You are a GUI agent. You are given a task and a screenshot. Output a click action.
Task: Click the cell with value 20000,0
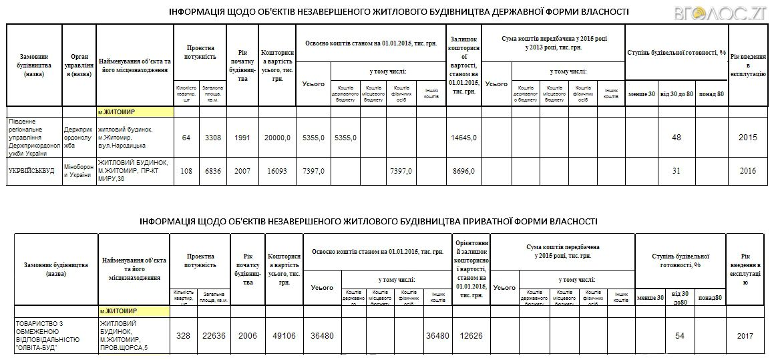pyautogui.click(x=278, y=138)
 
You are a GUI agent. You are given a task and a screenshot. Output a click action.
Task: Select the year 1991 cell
pyautogui.click(x=242, y=138)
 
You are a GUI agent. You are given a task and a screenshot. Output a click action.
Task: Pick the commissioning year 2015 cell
pyautogui.click(x=747, y=138)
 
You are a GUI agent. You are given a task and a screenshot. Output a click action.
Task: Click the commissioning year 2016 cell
pyautogui.click(x=747, y=171)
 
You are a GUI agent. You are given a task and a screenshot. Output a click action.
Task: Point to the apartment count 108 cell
pyautogui.click(x=186, y=171)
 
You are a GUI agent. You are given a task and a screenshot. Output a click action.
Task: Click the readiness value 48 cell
pyautogui.click(x=676, y=138)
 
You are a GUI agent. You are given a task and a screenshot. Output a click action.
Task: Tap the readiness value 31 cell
pyautogui.click(x=676, y=171)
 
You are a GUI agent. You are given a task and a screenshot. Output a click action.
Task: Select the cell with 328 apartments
pyautogui.click(x=183, y=335)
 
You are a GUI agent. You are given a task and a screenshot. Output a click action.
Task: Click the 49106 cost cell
pyautogui.click(x=284, y=335)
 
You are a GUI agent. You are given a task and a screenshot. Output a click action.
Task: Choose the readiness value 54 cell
pyautogui.click(x=680, y=335)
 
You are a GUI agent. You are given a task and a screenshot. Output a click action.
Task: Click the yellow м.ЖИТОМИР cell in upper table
pyautogui.click(x=135, y=112)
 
